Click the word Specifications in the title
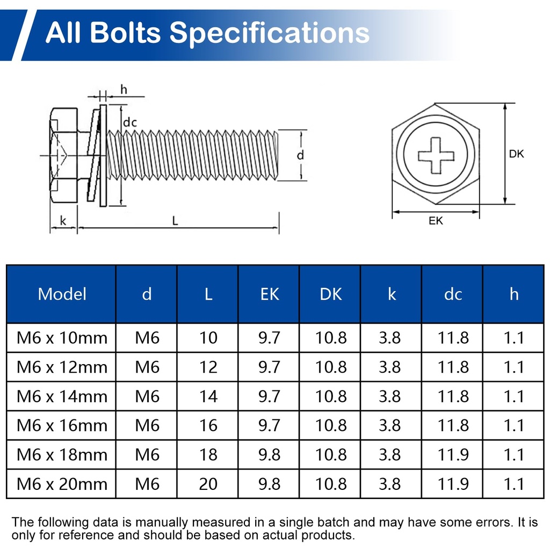click(270, 33)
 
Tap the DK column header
click(330, 294)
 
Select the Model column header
click(62, 294)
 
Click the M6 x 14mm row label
click(62, 396)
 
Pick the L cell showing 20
click(208, 484)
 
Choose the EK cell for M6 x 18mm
click(269, 454)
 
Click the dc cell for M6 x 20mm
click(453, 484)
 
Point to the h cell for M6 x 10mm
click(514, 338)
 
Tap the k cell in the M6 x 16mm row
click(392, 425)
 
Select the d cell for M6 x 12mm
click(147, 367)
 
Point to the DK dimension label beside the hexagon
click(516, 154)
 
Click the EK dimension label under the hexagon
click(436, 221)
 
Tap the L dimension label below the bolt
click(175, 221)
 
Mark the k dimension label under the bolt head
click(63, 220)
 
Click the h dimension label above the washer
click(124, 90)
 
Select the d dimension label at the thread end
click(301, 155)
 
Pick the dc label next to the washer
click(130, 123)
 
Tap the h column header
click(514, 294)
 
